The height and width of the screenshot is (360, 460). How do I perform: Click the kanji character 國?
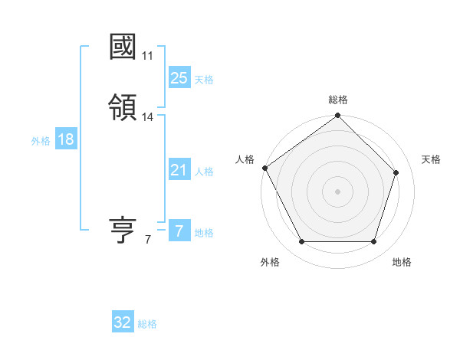point(123,47)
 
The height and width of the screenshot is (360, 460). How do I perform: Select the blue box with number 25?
point(179,77)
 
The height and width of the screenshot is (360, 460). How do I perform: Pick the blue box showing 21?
point(179,170)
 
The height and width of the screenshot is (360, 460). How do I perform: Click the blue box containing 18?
point(65,139)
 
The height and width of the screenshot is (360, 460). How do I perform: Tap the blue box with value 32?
point(123,322)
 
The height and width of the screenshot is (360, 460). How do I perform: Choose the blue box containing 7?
point(179,231)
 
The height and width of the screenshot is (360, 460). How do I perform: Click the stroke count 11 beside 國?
point(148,56)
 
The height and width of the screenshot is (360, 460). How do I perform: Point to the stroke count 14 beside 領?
point(148,117)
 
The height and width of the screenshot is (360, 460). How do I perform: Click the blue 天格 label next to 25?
point(204,79)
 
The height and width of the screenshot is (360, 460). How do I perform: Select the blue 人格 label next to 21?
point(204,172)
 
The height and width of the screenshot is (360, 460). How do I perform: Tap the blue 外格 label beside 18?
point(41,141)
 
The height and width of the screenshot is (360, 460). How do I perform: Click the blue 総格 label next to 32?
point(147,324)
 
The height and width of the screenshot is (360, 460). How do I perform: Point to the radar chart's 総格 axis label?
point(337,100)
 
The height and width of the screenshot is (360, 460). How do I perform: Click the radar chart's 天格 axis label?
point(431,159)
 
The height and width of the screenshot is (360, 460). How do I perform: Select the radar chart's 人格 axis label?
point(245,159)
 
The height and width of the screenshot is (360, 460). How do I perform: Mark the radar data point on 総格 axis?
point(337,116)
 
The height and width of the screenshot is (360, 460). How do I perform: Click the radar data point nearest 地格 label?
point(373,242)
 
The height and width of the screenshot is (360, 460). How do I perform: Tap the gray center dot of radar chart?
point(337,191)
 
